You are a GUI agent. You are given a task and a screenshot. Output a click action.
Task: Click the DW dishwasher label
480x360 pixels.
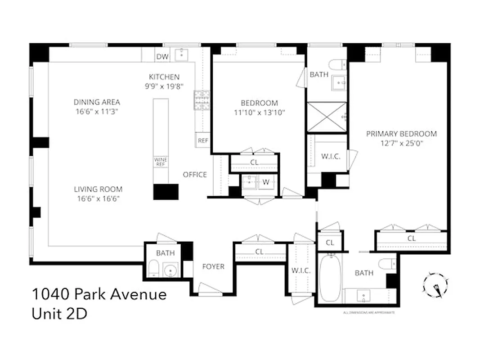click(x=161, y=57)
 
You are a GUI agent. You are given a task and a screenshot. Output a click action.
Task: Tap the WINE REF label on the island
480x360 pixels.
click(x=161, y=162)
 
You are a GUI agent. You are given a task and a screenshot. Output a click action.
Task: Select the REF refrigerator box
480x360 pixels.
click(x=203, y=140)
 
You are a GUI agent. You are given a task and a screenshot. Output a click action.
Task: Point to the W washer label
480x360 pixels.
click(x=266, y=182)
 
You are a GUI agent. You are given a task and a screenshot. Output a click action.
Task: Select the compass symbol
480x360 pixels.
click(x=435, y=285)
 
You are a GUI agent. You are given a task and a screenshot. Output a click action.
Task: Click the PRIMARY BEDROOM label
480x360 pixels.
click(x=401, y=134)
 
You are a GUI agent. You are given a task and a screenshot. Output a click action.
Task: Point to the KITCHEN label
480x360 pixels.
click(x=164, y=77)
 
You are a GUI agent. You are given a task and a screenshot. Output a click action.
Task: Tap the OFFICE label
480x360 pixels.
click(x=195, y=175)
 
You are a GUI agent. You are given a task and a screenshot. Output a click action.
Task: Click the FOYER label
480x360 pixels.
click(x=213, y=266)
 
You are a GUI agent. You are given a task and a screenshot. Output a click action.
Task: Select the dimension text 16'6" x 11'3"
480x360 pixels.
click(x=97, y=111)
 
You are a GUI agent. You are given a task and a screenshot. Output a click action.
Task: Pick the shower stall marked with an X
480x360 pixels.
click(x=327, y=117)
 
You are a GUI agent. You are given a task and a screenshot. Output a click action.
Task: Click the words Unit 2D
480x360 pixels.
click(x=59, y=314)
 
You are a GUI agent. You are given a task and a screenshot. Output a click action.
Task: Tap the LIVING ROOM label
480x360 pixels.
click(x=98, y=189)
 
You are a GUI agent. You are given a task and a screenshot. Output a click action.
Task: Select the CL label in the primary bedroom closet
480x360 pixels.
click(x=411, y=238)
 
